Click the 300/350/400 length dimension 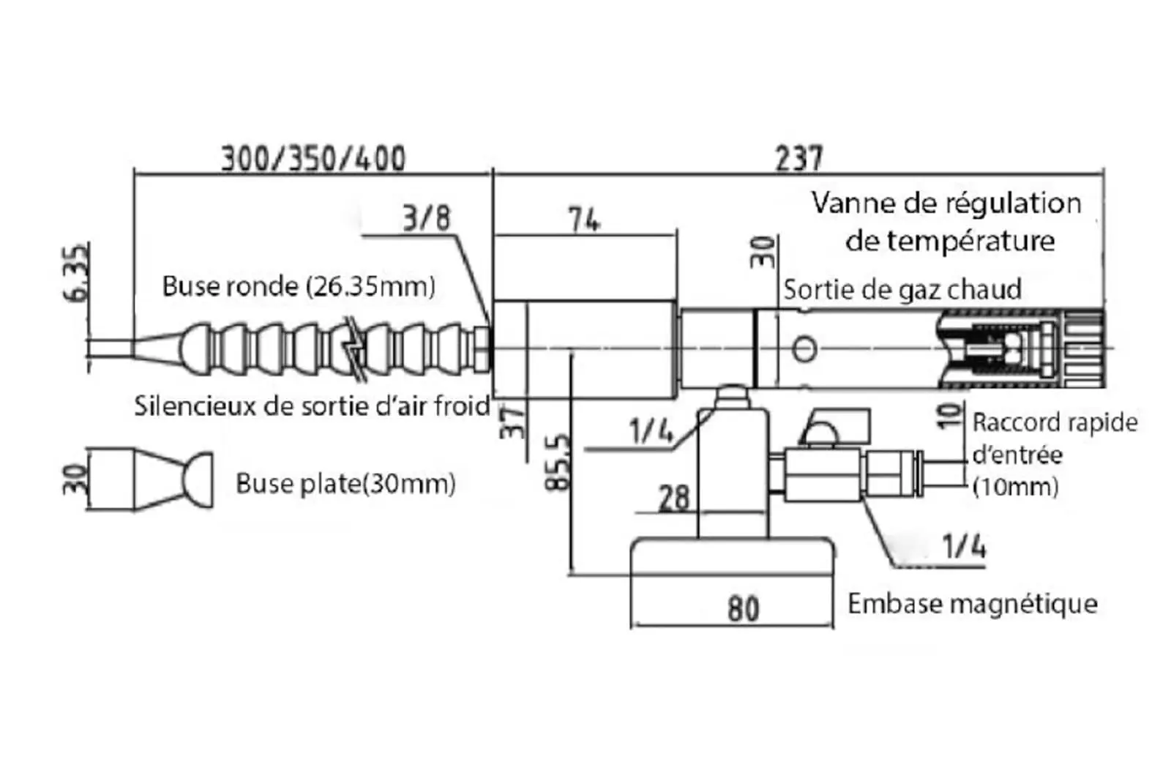tap(313, 158)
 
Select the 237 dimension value tap(798, 158)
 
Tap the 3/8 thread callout tap(427, 218)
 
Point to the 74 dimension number tap(584, 219)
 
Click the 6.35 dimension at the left tap(78, 272)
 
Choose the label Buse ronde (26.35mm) tap(299, 285)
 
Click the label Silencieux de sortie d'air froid tap(312, 406)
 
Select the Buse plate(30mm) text tap(345, 483)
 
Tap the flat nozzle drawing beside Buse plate tap(150, 479)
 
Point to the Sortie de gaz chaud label tap(902, 290)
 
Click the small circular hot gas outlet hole tap(804, 348)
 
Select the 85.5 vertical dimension tap(558, 462)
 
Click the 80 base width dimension tap(743, 608)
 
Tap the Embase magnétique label tap(972, 604)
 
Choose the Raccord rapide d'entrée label tap(1054, 454)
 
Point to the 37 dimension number tap(514, 422)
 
